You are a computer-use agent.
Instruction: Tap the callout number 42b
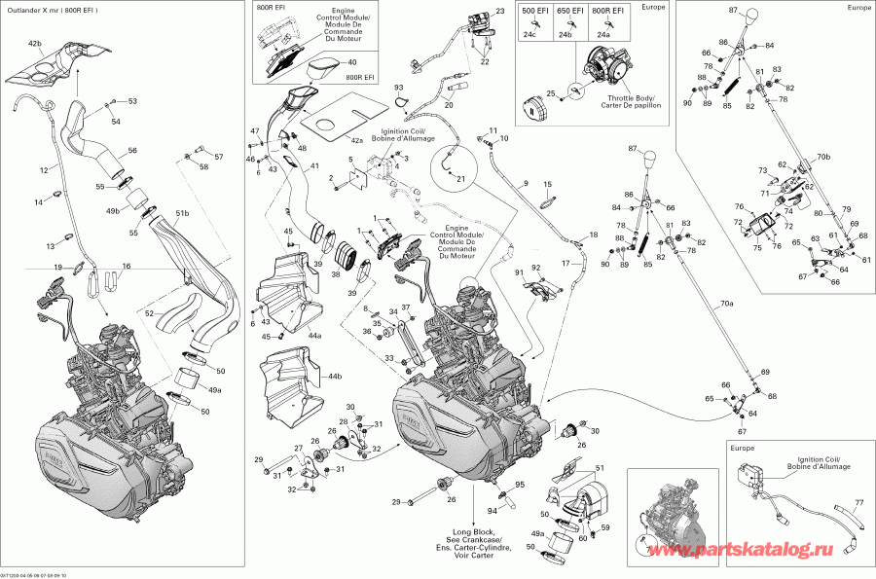[x=35, y=45]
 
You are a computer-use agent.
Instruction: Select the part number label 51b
[x=181, y=213]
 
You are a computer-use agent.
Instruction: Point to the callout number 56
[x=131, y=151]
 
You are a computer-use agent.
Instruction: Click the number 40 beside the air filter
[x=351, y=62]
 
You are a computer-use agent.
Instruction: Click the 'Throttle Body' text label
[x=632, y=97]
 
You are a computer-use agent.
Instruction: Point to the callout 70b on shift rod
[x=823, y=156]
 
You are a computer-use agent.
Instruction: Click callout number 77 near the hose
[x=858, y=503]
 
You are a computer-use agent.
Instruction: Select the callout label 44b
[x=334, y=375]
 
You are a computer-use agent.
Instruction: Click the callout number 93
[x=398, y=89]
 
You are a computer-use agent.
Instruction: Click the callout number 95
[x=519, y=485]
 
